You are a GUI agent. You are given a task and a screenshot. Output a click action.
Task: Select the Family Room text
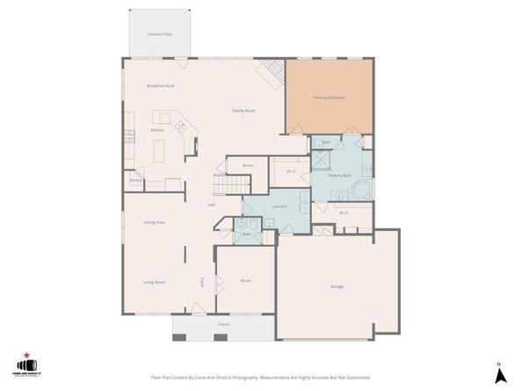pos(243,111)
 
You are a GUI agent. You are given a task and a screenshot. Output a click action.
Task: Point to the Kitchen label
pos(157,130)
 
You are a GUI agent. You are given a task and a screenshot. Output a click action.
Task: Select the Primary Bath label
pos(340,176)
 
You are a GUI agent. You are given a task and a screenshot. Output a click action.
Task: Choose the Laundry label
pos(279,206)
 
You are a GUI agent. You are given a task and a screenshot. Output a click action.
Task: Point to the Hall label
pos(212,205)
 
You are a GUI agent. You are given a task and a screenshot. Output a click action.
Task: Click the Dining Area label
pos(155,222)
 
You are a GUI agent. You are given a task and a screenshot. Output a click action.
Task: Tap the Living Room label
pos(155,282)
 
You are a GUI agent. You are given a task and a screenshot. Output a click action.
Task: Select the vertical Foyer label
pos(202,282)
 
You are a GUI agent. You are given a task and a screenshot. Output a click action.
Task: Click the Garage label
pos(337,286)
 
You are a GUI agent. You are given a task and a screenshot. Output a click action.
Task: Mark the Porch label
pos(223,323)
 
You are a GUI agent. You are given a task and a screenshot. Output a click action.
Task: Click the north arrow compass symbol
pos(497,374)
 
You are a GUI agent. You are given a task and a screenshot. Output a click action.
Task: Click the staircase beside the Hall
pos(230,185)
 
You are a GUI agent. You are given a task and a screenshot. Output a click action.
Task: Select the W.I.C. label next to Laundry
pos(291,170)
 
